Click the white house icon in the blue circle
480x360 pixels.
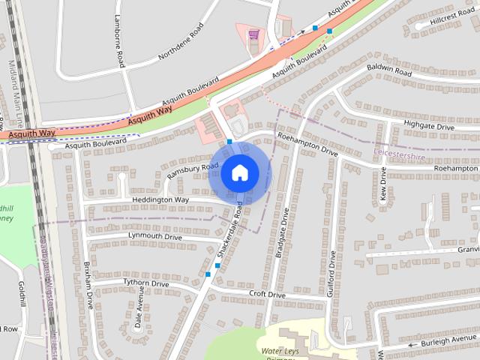[239, 172]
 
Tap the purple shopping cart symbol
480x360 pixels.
[253, 34]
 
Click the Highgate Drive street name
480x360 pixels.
[429, 127]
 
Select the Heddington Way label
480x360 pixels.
[160, 200]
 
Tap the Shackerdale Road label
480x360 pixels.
[230, 230]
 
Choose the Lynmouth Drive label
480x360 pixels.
[155, 236]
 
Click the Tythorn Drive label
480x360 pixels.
[146, 284]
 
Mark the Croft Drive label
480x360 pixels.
[268, 295]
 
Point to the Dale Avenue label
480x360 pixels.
[139, 308]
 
